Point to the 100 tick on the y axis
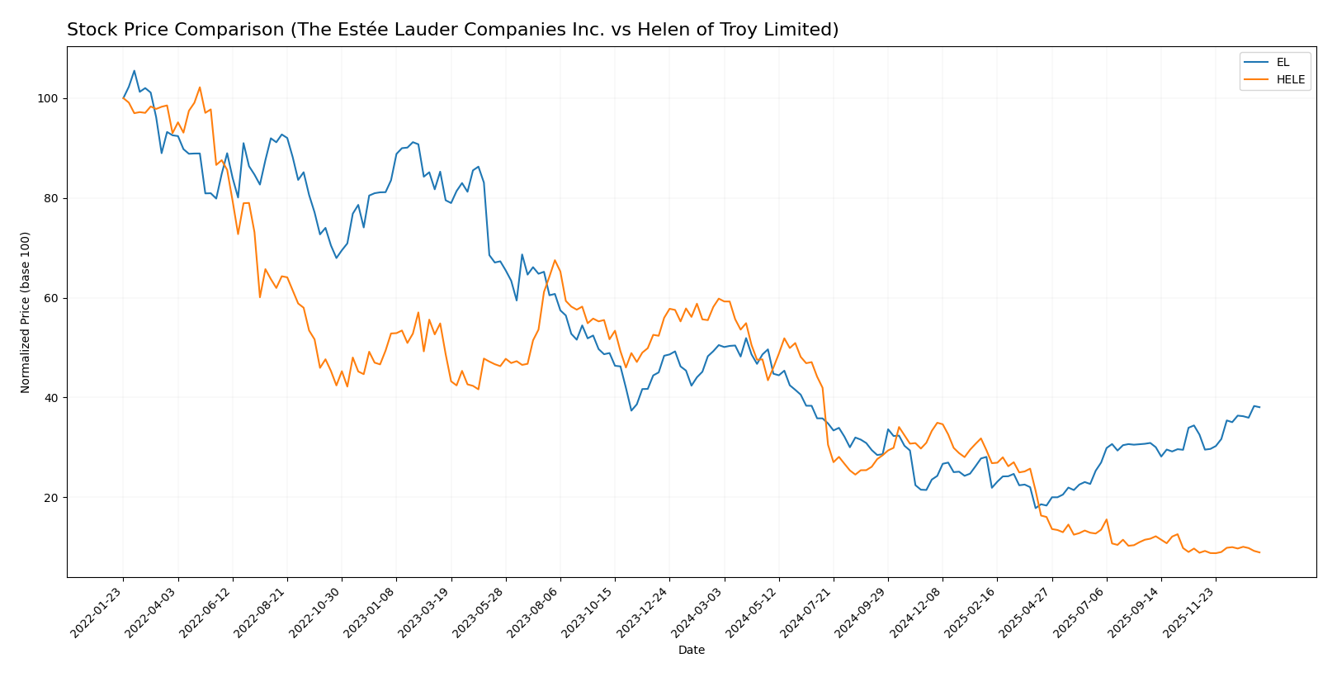click(50, 98)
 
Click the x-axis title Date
click(691, 651)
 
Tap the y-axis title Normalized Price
click(26, 312)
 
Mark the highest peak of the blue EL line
click(135, 71)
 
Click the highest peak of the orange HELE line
click(200, 88)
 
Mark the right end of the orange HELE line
click(1259, 552)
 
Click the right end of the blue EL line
click(1259, 407)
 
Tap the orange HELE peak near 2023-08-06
click(555, 260)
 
